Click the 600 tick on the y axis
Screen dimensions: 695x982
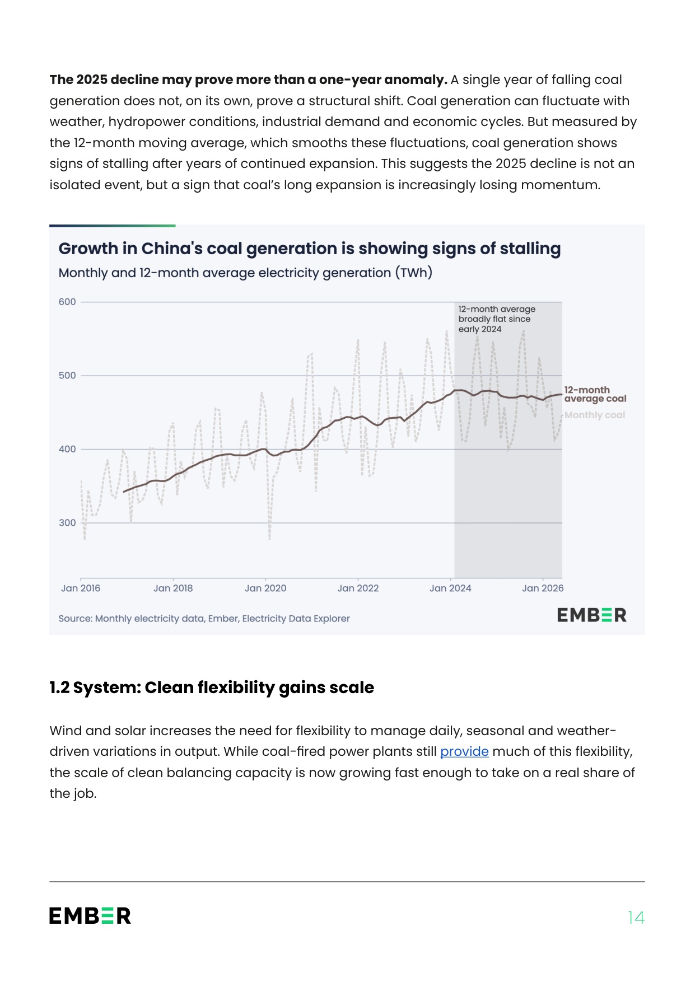67,302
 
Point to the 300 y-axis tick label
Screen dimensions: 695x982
67,523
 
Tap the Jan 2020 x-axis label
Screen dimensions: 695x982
265,588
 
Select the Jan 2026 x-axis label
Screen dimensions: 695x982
543,588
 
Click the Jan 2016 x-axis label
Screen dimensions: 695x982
81,588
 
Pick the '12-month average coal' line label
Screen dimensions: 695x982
595,394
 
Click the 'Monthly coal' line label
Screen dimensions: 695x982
595,415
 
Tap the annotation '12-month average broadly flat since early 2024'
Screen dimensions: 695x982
497,319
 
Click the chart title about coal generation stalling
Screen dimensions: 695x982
310,249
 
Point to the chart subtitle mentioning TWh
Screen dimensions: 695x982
245,273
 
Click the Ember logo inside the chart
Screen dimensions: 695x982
592,615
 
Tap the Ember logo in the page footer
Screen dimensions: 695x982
90,916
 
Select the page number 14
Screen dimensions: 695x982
636,918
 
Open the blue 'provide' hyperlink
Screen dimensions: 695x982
464,751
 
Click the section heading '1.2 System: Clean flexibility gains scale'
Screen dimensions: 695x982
212,688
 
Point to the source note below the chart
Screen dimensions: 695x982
204,619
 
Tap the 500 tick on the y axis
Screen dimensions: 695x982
67,376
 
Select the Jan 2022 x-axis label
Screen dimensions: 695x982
358,588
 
